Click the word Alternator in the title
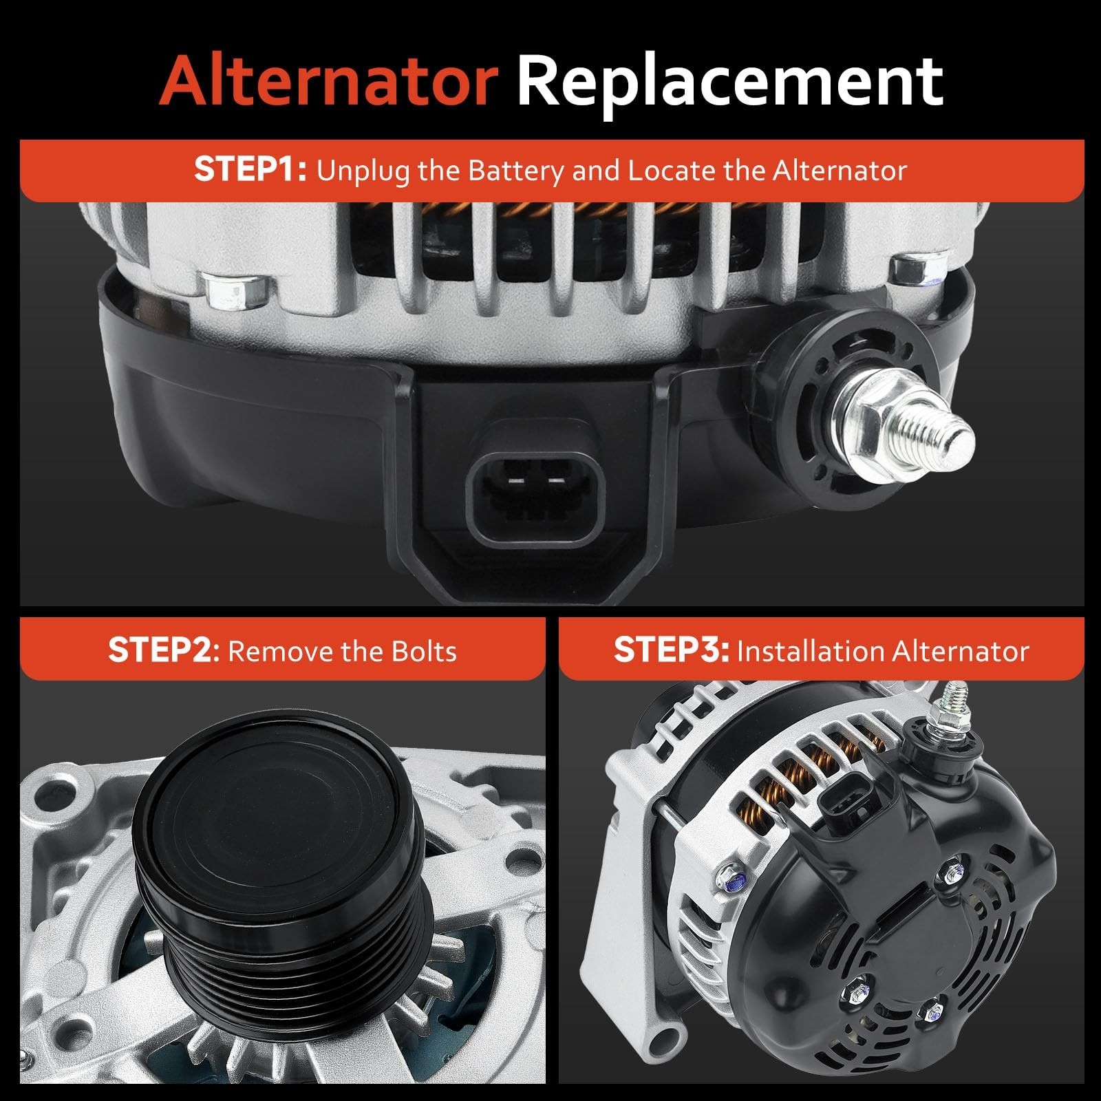[328, 81]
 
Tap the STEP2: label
[164, 650]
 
